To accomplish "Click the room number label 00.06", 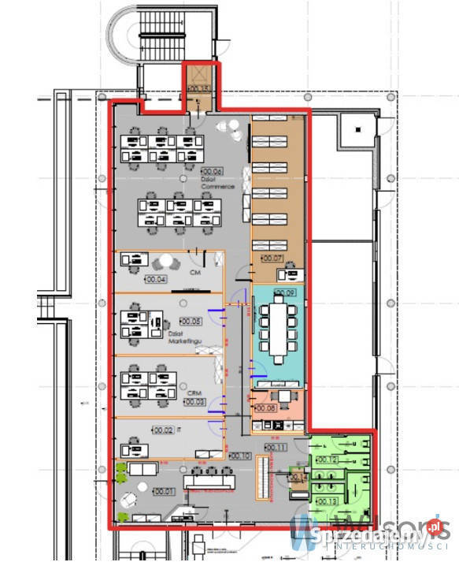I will point(213,170).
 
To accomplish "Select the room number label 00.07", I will point(272,258).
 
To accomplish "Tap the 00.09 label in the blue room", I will point(287,293).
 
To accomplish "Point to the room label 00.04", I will point(156,278).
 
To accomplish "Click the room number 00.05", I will point(191,321).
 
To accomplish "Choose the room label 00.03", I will point(194,401).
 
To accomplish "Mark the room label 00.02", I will point(163,430).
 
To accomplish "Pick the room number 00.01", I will point(164,491).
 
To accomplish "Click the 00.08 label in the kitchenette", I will point(265,408).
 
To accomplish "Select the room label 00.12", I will point(327,460).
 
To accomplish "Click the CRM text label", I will point(194,390).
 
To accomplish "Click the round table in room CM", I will point(167,261).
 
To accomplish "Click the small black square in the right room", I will point(359,128).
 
